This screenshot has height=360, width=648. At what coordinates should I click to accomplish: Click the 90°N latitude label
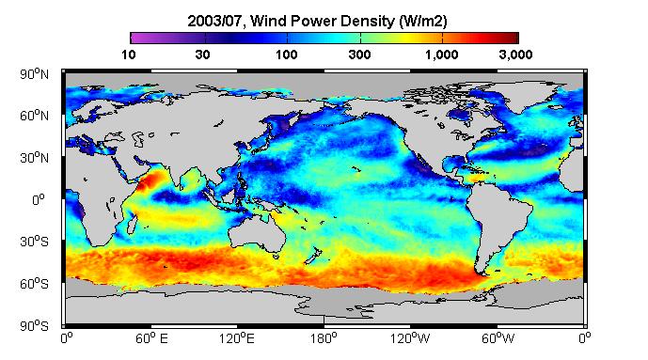[x=34, y=74]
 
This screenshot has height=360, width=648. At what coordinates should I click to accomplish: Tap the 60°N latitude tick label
[x=34, y=116]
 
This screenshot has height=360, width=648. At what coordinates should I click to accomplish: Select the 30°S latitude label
[x=34, y=242]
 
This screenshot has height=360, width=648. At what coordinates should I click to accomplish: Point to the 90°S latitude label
[x=34, y=326]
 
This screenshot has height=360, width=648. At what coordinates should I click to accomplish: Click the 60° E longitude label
[x=151, y=338]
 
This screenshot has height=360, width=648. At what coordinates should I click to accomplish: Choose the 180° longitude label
[x=324, y=338]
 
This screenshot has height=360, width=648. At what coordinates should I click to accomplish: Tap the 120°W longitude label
[x=410, y=338]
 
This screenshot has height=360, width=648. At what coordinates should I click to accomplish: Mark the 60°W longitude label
[x=498, y=338]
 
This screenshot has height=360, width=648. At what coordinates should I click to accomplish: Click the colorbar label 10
[x=129, y=55]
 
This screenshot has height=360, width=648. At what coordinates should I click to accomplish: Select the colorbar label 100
[x=287, y=55]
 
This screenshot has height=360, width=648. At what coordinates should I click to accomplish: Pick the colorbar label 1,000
[x=442, y=55]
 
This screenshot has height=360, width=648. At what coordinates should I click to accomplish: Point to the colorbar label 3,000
[x=515, y=55]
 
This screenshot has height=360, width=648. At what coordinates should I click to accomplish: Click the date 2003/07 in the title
[x=214, y=21]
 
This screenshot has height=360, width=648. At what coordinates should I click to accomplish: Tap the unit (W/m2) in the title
[x=423, y=21]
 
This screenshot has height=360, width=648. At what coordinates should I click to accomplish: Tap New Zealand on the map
[x=313, y=256]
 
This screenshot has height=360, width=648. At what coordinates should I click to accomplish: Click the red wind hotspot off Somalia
[x=150, y=180]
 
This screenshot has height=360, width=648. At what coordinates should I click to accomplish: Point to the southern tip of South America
[x=482, y=274]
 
